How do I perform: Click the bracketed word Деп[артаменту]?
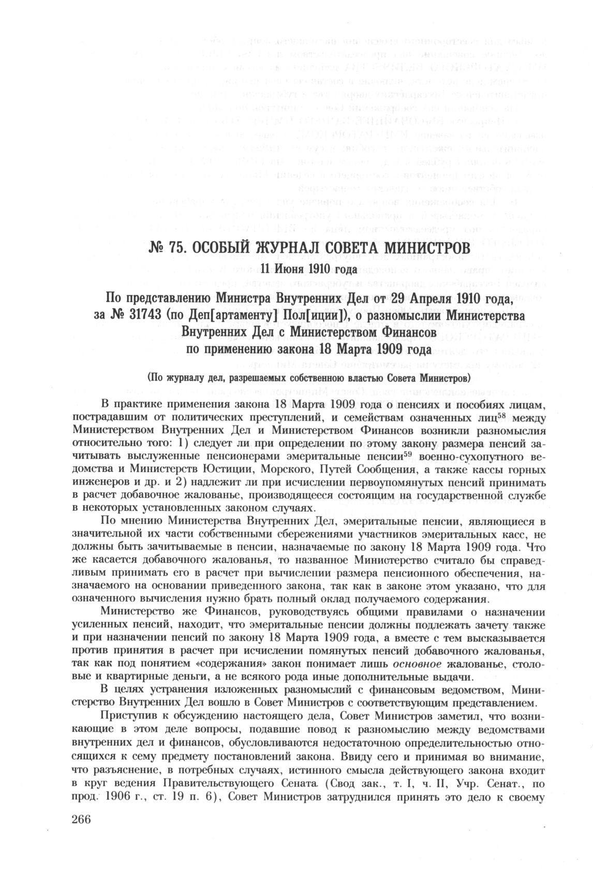(x=227, y=315)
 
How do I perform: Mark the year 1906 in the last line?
(x=120, y=798)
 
